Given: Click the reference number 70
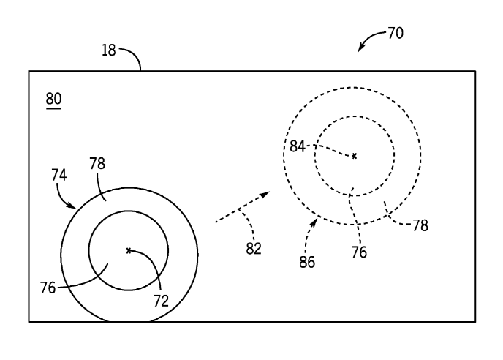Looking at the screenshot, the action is point(396,33).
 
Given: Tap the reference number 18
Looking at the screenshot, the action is point(109,50).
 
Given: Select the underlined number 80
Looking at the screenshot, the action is point(53,99).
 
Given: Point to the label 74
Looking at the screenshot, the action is point(59,176).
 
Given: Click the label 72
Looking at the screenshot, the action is point(161,301).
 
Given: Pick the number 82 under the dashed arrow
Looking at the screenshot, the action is point(254,249).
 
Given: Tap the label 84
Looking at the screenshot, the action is point(298,146).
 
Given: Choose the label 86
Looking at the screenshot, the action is point(307,262).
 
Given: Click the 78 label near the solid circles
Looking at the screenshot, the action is point(97,163).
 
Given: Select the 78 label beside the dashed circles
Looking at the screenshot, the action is point(420,225).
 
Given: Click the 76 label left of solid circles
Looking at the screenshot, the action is point(48,288).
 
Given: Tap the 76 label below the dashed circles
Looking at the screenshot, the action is point(359,252).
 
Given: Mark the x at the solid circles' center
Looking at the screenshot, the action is point(129,250).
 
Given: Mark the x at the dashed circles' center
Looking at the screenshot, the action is point(354,156).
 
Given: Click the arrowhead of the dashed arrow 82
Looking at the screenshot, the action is point(265,195).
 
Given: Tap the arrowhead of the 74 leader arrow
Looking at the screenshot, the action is point(72,206).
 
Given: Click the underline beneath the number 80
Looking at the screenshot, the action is point(53,109).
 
